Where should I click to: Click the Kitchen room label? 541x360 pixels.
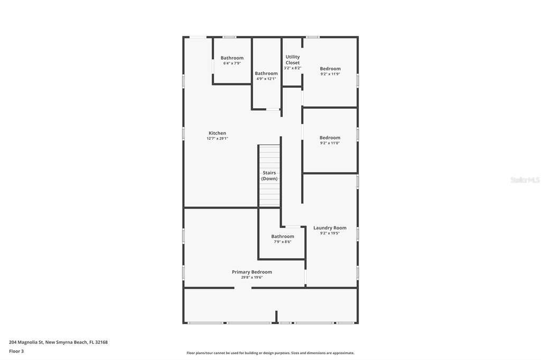tap(217, 133)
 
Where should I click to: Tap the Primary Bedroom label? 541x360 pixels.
tap(252, 272)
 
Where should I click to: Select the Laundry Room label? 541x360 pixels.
tap(330, 228)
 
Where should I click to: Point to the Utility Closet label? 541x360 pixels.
tap(293, 60)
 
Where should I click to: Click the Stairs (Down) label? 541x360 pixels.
tap(269, 176)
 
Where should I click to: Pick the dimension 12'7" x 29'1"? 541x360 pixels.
tap(217, 139)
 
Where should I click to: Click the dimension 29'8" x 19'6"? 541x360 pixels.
tap(252, 277)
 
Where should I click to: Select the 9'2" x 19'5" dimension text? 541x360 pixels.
tap(330, 233)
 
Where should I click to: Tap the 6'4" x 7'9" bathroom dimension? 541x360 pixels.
tap(232, 63)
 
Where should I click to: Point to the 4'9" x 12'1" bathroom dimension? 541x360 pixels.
tap(266, 79)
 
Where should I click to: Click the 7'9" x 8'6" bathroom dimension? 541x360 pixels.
tap(283, 242)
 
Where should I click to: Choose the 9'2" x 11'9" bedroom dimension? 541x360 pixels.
tap(330, 74)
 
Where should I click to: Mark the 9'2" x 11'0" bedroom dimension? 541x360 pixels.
tap(330, 143)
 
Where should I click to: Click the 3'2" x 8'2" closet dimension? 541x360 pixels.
tap(293, 68)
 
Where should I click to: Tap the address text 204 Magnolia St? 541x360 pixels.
tap(26, 343)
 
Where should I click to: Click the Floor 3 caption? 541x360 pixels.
tap(16, 352)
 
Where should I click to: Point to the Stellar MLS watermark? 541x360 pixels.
tap(525, 180)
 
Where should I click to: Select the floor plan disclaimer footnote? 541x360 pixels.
tap(270, 353)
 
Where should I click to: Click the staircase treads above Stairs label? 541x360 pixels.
tap(269, 157)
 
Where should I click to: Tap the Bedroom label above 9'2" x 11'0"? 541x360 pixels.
tap(330, 138)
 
